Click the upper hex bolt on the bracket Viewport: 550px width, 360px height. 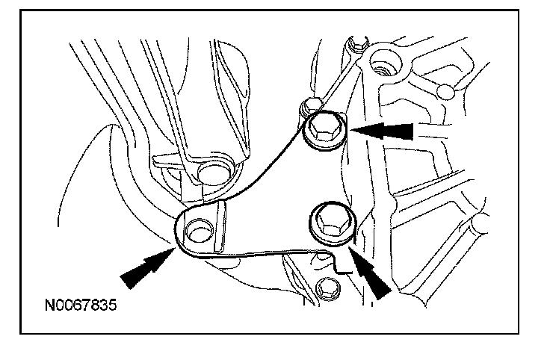[326, 131]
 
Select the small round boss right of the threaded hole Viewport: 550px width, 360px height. [446, 92]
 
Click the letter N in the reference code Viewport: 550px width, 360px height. [49, 305]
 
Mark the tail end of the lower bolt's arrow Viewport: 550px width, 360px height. [389, 294]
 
